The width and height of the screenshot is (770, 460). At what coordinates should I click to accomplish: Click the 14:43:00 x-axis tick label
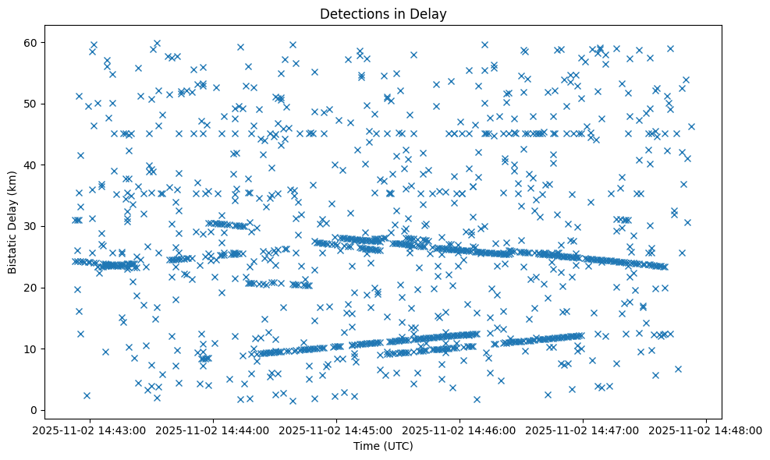click(90, 430)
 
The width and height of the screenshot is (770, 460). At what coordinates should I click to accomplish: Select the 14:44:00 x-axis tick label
click(213, 430)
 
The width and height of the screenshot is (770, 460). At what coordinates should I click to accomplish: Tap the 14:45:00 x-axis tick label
click(337, 430)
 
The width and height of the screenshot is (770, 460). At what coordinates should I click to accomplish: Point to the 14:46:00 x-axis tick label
click(460, 430)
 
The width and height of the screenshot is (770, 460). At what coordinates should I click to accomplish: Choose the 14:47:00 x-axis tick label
click(584, 430)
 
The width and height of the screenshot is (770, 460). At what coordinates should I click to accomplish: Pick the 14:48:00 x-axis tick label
click(707, 430)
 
